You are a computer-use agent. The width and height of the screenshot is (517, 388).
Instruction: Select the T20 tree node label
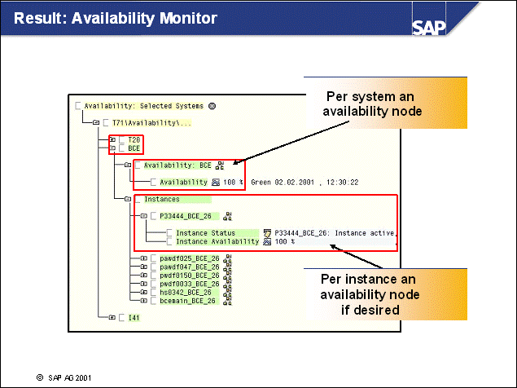click(134, 140)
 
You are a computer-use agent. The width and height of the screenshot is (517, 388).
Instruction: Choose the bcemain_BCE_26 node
click(187, 300)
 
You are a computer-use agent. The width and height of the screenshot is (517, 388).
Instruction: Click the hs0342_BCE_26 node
click(186, 292)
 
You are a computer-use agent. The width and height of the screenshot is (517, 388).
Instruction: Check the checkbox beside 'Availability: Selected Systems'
click(78, 106)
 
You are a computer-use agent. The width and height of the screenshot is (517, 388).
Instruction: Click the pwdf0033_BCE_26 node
click(190, 284)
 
